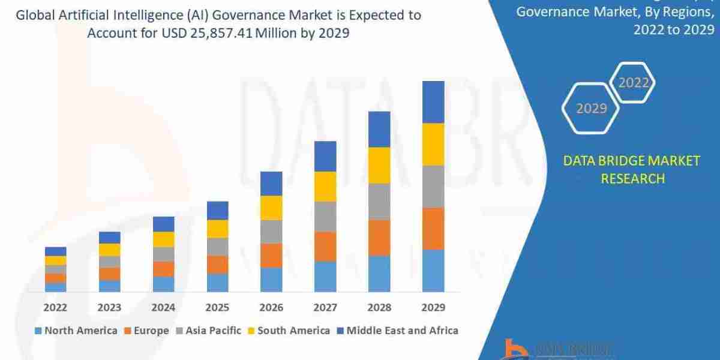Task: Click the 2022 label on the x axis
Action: (55, 307)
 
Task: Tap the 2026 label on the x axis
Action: (271, 307)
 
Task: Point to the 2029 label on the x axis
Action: (433, 307)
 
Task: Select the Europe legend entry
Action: (147, 331)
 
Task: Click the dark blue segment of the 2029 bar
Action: (433, 102)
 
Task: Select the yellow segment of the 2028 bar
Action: (379, 165)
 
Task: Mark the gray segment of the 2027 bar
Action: (325, 217)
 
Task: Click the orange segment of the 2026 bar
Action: (271, 256)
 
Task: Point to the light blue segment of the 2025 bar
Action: (217, 283)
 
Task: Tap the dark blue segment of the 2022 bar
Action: (55, 251)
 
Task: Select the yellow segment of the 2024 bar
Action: (163, 239)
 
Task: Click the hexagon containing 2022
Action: (634, 83)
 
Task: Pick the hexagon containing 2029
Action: (591, 109)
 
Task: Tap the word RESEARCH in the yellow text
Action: (632, 178)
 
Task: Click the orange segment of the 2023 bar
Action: (109, 274)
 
